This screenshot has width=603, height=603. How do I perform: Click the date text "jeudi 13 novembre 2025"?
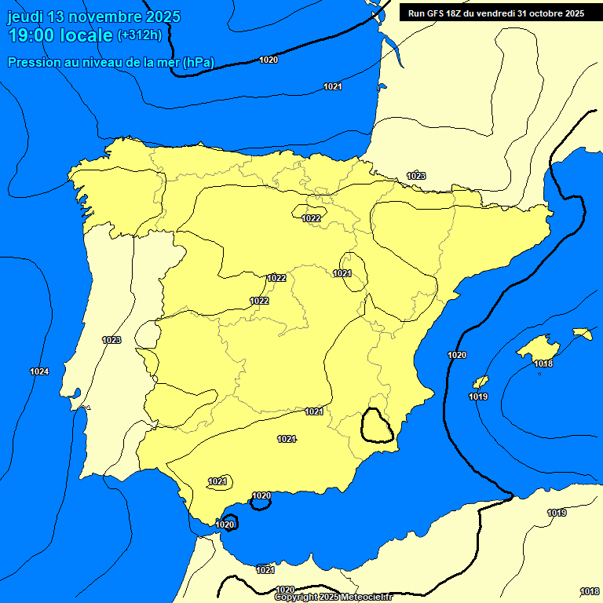[x=93, y=16]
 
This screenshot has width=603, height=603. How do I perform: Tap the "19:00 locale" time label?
[x=60, y=35]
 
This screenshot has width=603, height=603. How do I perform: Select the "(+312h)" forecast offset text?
[x=139, y=35]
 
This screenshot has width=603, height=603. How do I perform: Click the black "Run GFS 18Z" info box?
[x=495, y=13]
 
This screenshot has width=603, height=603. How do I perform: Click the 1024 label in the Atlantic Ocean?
[x=39, y=371]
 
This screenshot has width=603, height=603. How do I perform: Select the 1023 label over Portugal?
[x=111, y=340]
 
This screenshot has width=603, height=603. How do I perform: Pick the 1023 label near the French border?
[x=416, y=176]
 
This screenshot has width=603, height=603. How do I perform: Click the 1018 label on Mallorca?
[x=543, y=364]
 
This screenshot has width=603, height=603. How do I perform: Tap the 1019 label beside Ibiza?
[x=478, y=397]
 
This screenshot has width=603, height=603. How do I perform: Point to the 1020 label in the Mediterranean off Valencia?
[x=457, y=356]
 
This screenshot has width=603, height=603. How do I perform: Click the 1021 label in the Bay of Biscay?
[x=333, y=86]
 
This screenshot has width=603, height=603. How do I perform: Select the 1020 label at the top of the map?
[x=269, y=60]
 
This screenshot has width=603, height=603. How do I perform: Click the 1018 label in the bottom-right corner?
[x=590, y=591]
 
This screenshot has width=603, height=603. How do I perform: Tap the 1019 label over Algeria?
[x=557, y=513]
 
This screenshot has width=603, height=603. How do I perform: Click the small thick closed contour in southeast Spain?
[x=377, y=426]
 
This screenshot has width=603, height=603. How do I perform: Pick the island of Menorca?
[x=583, y=334]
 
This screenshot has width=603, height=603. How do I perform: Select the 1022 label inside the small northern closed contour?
[x=312, y=218]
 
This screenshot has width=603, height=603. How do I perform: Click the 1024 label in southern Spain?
[x=287, y=439]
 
